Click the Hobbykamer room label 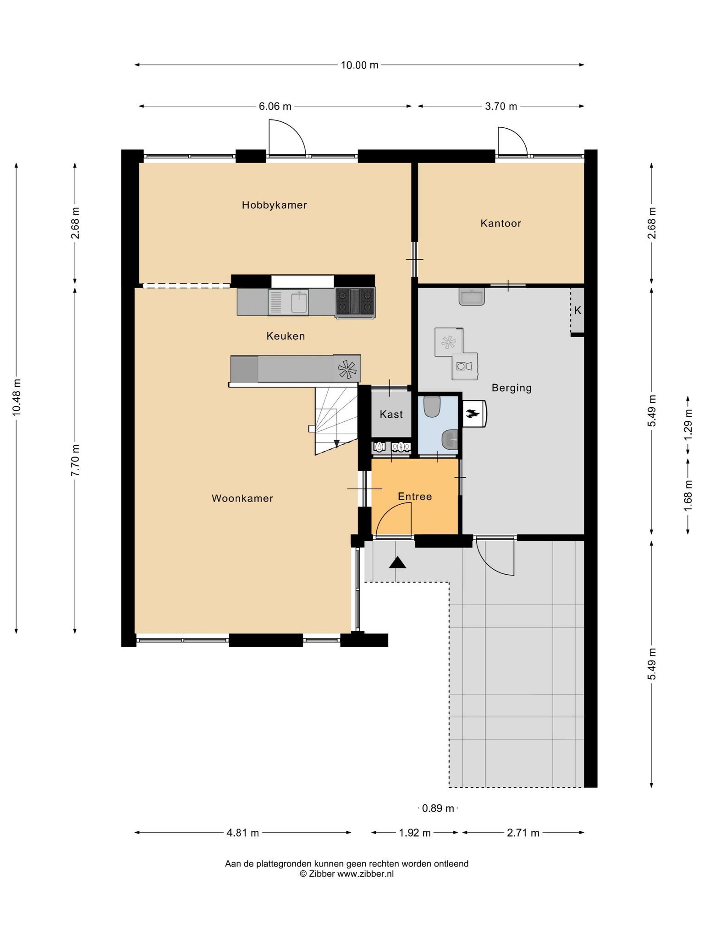click(x=274, y=205)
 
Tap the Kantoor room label click(x=500, y=224)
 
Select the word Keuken click(x=286, y=336)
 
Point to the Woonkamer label click(x=242, y=498)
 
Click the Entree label click(x=415, y=496)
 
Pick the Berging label click(x=511, y=388)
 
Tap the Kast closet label click(x=391, y=414)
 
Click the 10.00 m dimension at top click(x=359, y=65)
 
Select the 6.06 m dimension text click(x=275, y=106)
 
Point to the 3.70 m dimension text click(x=500, y=106)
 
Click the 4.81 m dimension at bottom click(x=242, y=833)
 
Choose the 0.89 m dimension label click(x=438, y=808)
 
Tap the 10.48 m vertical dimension click(x=16, y=397)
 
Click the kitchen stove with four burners click(x=355, y=302)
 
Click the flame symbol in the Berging click(x=472, y=414)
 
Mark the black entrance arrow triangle click(x=397, y=562)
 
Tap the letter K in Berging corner click(x=577, y=311)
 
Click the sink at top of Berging click(x=472, y=297)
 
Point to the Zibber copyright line click(x=346, y=874)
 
